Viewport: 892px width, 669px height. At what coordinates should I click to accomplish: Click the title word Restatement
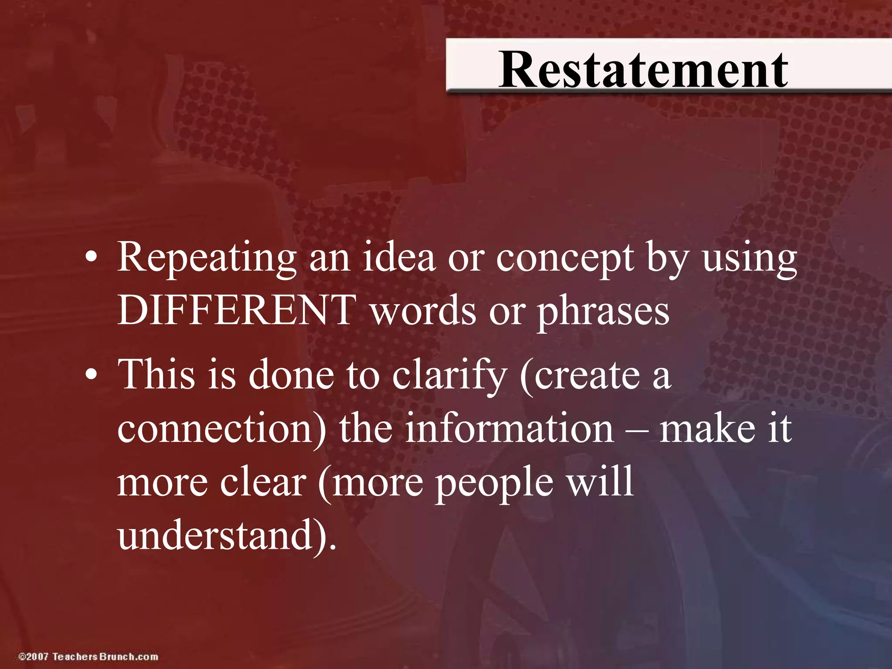click(x=643, y=70)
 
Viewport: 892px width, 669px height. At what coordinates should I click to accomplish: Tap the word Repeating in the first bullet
click(x=207, y=258)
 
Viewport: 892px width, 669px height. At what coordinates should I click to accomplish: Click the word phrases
click(x=603, y=312)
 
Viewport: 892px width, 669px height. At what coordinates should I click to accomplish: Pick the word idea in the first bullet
click(x=399, y=257)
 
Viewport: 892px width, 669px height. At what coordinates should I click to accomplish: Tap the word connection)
click(x=222, y=429)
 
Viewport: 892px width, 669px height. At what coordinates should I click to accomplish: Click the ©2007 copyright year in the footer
click(x=33, y=656)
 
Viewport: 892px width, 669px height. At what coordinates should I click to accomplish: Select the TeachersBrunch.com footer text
click(x=105, y=656)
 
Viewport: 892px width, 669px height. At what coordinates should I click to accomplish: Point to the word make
click(x=707, y=429)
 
